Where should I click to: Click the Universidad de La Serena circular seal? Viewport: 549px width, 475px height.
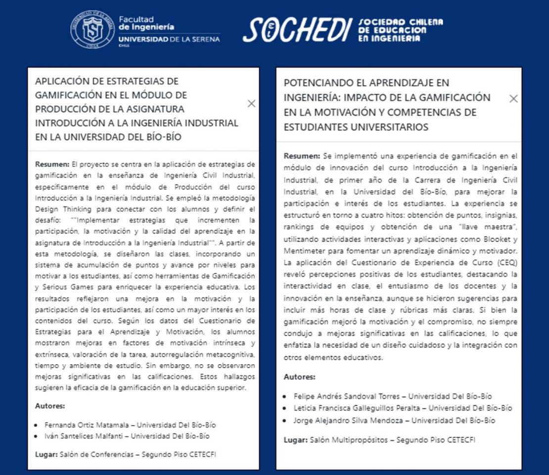[92, 29]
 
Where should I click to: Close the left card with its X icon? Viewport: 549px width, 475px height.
[251, 103]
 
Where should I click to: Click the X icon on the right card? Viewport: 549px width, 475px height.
[513, 98]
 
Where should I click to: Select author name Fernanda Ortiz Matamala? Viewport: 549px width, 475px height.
[89, 425]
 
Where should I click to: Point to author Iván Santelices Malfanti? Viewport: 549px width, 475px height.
[86, 436]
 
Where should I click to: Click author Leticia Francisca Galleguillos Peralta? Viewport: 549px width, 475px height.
[359, 408]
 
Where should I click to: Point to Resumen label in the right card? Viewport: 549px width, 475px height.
[301, 156]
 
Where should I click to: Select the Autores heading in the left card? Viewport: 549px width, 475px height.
[50, 406]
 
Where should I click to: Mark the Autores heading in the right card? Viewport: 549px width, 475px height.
[299, 377]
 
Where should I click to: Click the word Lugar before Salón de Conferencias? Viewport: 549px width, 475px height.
[46, 454]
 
